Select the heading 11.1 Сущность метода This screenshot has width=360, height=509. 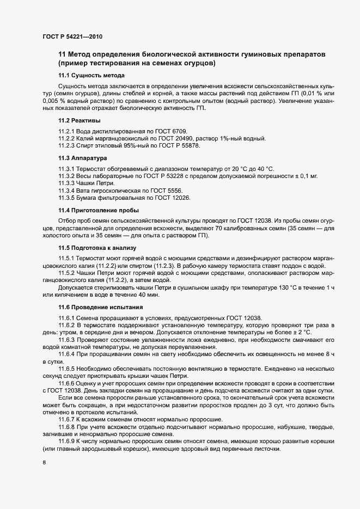pyautogui.click(x=91, y=75)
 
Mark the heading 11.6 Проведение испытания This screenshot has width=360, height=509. pyautogui.click(x=99, y=307)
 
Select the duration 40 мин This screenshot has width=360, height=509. pyautogui.click(x=147, y=295)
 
